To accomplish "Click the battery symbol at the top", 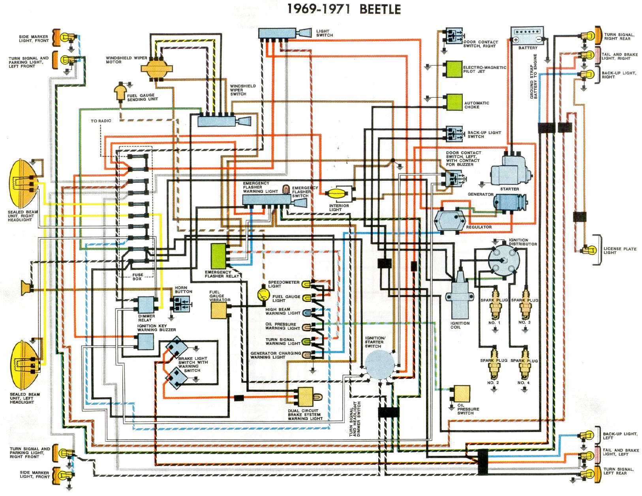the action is click(x=527, y=36).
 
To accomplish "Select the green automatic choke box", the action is click(x=454, y=102).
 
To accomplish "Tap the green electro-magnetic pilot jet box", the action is click(x=454, y=69).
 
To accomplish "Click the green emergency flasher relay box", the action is click(x=219, y=256).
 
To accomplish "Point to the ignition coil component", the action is click(x=460, y=295).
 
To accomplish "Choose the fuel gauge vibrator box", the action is click(x=219, y=311).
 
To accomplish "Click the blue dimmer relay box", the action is click(x=146, y=304).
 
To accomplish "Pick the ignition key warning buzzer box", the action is click(x=145, y=342).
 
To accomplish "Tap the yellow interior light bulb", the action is click(x=337, y=194).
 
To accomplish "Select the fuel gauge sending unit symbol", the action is click(x=120, y=92).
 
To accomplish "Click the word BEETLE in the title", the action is click(x=380, y=9).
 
